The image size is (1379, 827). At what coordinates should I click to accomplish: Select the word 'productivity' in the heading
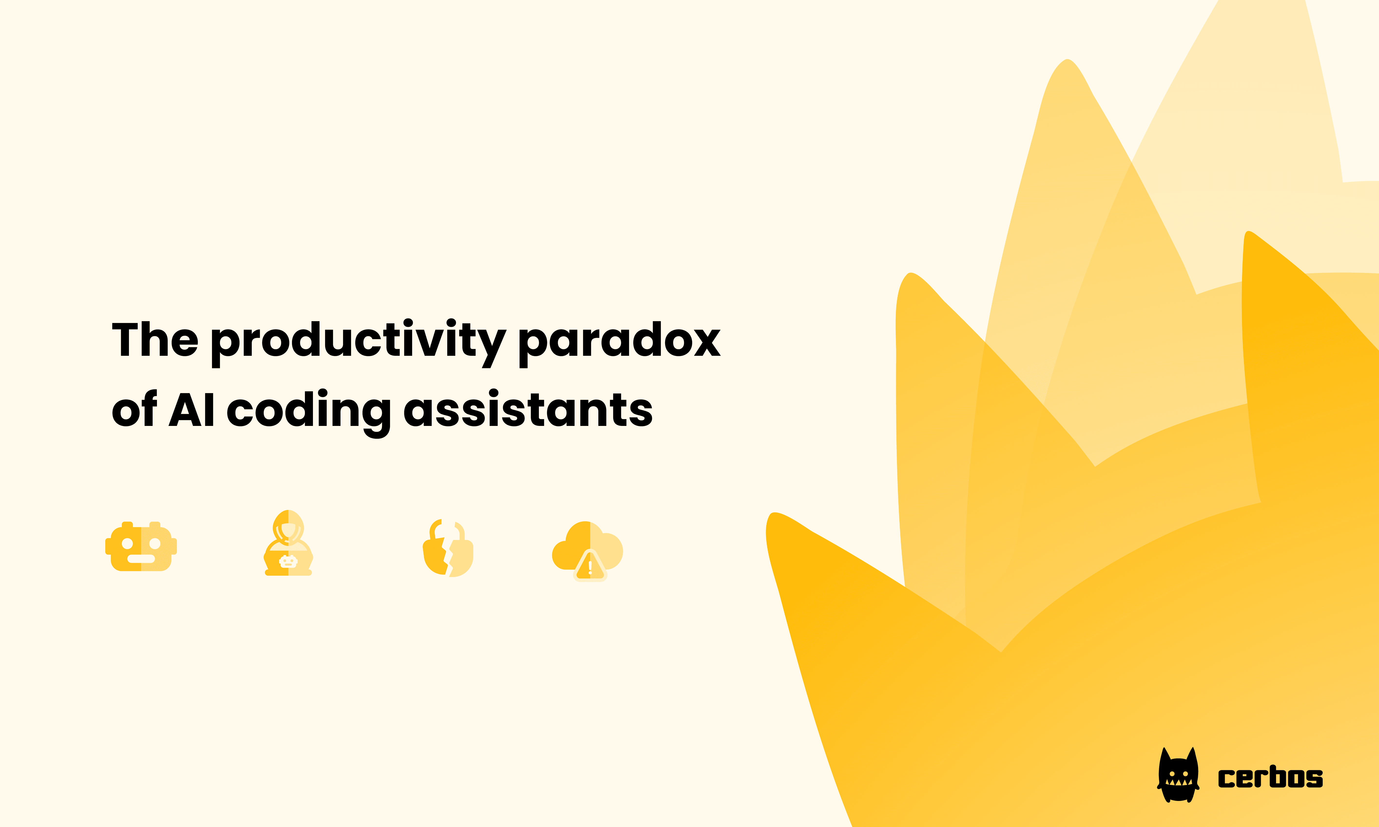pyautogui.click(x=358, y=341)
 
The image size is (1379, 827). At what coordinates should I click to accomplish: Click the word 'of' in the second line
pyautogui.click(x=134, y=410)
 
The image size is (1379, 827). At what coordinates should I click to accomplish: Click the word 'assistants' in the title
pyautogui.click(x=527, y=410)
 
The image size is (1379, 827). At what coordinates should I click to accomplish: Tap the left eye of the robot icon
pyautogui.click(x=127, y=543)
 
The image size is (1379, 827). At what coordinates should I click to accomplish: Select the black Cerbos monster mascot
pyautogui.click(x=1178, y=776)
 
